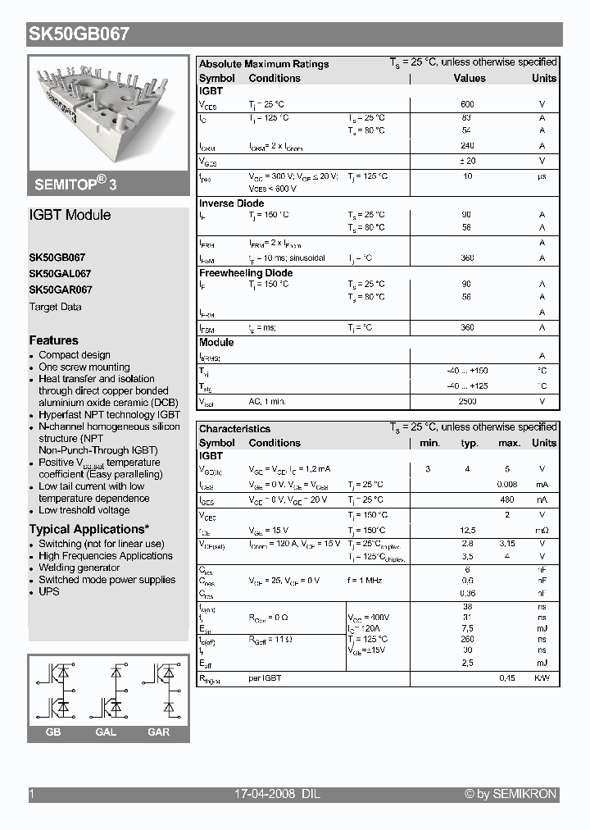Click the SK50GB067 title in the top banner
(79, 34)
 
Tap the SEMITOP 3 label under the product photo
(75, 185)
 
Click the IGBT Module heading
(70, 215)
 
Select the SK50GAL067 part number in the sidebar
(60, 273)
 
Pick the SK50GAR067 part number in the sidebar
(61, 290)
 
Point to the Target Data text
(55, 307)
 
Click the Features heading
(53, 340)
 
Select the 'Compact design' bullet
(75, 355)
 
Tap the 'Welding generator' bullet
(79, 568)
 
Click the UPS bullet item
(49, 591)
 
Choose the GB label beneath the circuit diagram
(53, 732)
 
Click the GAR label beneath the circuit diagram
(159, 732)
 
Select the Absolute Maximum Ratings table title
(264, 64)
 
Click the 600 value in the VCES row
(467, 105)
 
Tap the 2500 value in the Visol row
(467, 402)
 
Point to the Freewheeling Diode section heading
(246, 273)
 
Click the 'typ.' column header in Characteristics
(470, 443)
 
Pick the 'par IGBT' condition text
(265, 678)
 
